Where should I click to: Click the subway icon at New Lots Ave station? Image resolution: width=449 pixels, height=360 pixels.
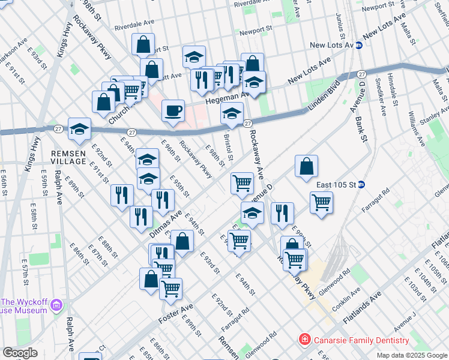pyautogui.click(x=359, y=45)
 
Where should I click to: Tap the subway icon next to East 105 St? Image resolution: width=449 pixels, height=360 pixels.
pyautogui.click(x=361, y=184)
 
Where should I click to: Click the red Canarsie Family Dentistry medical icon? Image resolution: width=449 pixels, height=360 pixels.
pyautogui.click(x=305, y=340)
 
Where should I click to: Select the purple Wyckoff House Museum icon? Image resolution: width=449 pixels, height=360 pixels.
pyautogui.click(x=57, y=306)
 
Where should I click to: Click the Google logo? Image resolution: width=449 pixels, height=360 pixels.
pyautogui.click(x=20, y=353)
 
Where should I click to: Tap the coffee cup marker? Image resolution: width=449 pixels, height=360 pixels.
pyautogui.click(x=173, y=111)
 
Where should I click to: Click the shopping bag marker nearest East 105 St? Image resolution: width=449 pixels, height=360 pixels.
pyautogui.click(x=306, y=167)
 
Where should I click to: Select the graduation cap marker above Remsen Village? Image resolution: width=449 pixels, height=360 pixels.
pyautogui.click(x=79, y=128)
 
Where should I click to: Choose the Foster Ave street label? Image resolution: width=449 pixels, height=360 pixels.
pyautogui.click(x=176, y=313)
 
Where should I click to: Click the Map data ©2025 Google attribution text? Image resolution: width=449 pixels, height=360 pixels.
pyautogui.click(x=411, y=355)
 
